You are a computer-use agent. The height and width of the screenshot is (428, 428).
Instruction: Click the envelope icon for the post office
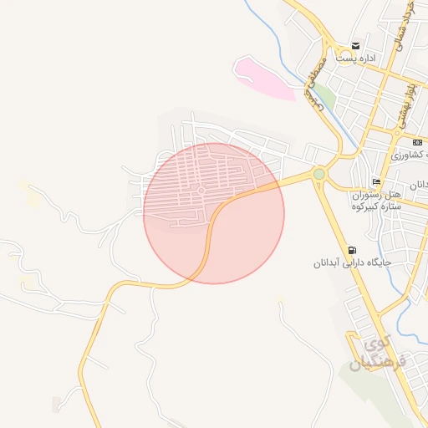pos(356,45)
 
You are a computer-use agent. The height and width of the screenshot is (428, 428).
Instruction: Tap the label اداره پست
pos(357,59)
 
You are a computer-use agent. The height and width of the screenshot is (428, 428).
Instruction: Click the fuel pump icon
pos(352,249)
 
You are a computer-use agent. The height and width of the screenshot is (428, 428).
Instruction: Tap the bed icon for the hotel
pos(377,181)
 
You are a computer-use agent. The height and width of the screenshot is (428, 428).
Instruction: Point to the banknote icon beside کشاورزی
pos(417,143)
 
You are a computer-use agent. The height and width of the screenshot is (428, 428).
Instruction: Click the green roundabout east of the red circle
pos(318,174)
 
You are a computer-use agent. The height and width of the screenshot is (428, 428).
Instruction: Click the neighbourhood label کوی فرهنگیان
pos(380,354)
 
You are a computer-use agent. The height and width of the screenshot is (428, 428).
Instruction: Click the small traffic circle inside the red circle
pos(201,191)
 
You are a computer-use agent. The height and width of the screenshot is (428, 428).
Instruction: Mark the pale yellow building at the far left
pos(31,197)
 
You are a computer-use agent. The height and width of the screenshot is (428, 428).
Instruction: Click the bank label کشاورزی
pos(410,156)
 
